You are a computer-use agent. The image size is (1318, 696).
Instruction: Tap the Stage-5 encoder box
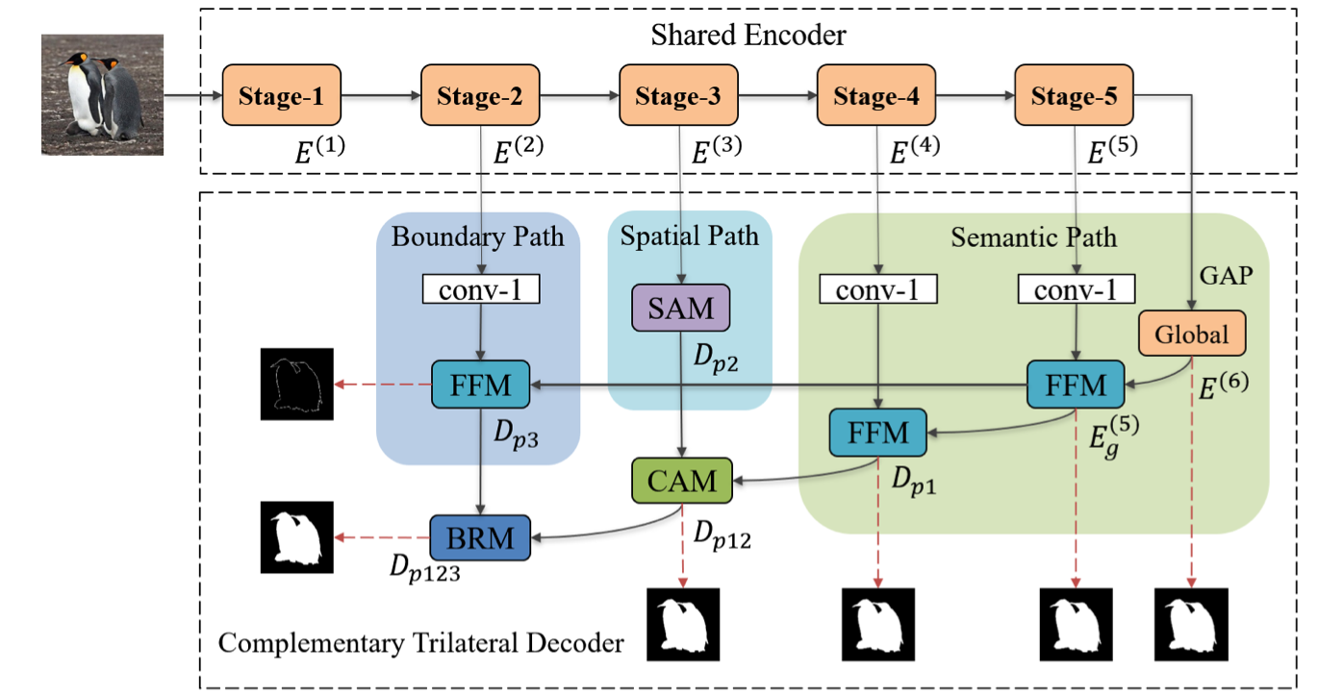click(1075, 96)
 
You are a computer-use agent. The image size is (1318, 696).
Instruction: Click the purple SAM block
click(681, 309)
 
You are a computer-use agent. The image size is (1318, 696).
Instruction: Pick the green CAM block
click(681, 480)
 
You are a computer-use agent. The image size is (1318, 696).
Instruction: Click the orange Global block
click(1192, 334)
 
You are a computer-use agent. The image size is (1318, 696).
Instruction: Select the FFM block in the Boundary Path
click(480, 385)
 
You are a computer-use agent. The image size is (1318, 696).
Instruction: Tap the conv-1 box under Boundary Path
click(480, 289)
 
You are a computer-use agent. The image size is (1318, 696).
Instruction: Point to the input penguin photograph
click(103, 94)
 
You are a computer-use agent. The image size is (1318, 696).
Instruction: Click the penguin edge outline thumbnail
click(295, 384)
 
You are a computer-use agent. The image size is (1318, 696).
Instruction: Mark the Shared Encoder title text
click(748, 37)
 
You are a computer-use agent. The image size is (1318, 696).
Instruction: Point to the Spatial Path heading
click(689, 236)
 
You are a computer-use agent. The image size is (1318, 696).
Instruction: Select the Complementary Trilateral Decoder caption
click(421, 642)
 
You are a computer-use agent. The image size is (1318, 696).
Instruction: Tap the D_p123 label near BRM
click(425, 568)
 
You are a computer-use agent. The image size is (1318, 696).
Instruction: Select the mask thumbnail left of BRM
click(295, 536)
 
